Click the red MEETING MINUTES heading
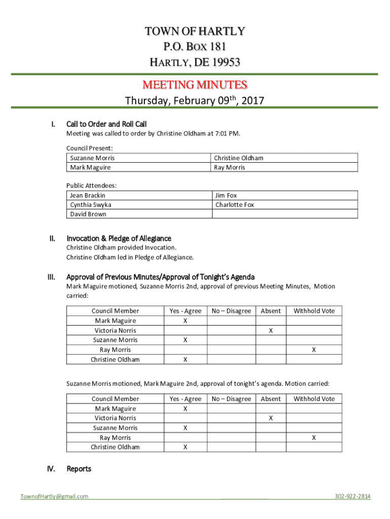point(194,84)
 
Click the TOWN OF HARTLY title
point(194,31)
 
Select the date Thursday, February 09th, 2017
point(194,100)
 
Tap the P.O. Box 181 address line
point(194,47)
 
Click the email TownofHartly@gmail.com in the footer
point(54,496)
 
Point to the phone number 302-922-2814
point(353,496)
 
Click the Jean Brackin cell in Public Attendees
point(88,195)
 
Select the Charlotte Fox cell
point(235,205)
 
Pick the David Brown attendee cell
point(88,214)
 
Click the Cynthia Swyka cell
point(91,205)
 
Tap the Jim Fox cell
point(226,195)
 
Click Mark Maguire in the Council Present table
point(90,167)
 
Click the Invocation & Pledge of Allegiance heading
point(119,238)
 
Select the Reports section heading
point(79,469)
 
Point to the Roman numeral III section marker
point(51,277)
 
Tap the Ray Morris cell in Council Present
point(229,167)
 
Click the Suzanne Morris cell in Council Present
point(92,158)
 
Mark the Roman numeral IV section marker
point(51,469)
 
